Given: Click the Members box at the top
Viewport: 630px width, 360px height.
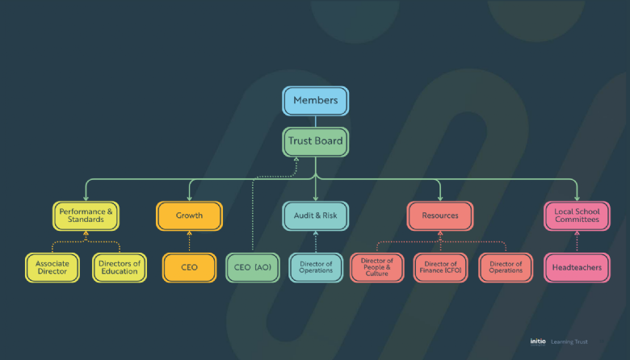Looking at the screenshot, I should [315, 101].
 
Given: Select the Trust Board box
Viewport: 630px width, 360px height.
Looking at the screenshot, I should [315, 141].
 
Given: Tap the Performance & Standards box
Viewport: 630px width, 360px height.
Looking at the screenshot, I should [86, 216].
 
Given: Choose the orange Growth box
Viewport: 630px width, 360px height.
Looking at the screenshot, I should [189, 216].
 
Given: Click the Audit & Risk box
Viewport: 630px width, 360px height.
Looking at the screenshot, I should [315, 216].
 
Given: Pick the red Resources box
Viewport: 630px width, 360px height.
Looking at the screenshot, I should [440, 216].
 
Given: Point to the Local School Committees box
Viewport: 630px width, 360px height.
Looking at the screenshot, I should [577, 216].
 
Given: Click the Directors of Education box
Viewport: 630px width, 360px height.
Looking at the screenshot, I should [120, 267].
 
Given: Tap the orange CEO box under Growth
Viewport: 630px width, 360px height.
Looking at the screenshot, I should [189, 267].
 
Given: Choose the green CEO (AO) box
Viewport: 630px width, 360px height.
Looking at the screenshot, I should [253, 267].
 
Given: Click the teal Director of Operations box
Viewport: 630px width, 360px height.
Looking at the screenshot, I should [316, 267].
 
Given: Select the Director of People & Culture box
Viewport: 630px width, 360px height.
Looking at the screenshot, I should [377, 267].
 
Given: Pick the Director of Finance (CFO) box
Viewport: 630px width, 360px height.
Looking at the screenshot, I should [441, 267].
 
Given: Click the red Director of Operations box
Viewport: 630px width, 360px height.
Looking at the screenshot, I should [506, 267].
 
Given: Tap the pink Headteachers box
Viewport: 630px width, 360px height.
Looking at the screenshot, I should [577, 267].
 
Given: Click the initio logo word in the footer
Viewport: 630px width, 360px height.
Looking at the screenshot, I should [538, 341].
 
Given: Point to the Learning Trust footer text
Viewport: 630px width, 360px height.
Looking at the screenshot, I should [571, 341].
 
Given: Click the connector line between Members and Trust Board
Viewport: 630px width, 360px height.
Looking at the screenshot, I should [315, 122].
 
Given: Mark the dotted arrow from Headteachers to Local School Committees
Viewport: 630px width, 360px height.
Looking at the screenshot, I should [577, 241].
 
